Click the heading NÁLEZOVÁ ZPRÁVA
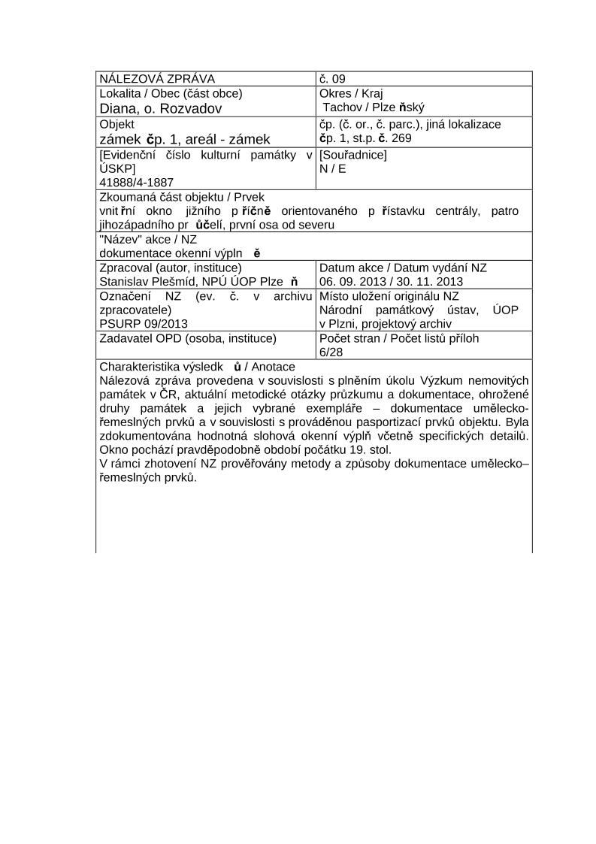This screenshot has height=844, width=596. pyautogui.click(x=157, y=79)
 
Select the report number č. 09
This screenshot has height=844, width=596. pyautogui.click(x=332, y=79)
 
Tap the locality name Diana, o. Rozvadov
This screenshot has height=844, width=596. pyautogui.click(x=161, y=108)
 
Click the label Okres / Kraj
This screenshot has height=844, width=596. pyautogui.click(x=351, y=94)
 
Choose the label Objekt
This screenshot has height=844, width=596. pyautogui.click(x=116, y=124)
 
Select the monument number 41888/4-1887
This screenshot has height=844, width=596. pyautogui.click(x=137, y=182)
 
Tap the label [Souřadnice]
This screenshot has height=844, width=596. pyautogui.click(x=353, y=155)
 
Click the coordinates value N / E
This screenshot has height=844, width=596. pyautogui.click(x=333, y=168)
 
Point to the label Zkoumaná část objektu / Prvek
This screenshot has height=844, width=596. pyautogui.click(x=182, y=197)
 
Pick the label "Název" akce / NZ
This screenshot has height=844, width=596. pyautogui.click(x=148, y=239)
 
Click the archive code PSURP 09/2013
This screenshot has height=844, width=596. pyautogui.click(x=144, y=324)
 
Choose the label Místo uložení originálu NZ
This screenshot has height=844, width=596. pyautogui.click(x=389, y=296)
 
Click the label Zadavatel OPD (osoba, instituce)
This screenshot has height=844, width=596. pyautogui.click(x=188, y=338)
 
